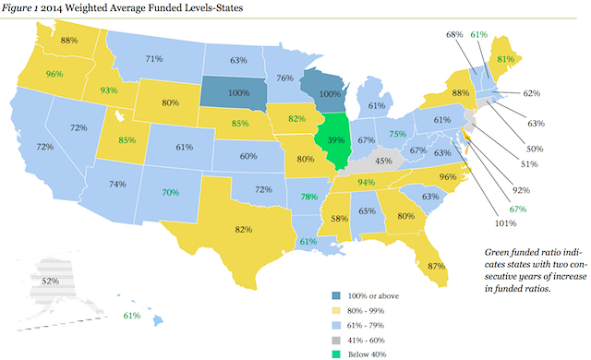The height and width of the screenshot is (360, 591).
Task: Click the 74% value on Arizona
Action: click(117, 184)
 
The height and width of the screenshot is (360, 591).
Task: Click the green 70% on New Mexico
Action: click(169, 193)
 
